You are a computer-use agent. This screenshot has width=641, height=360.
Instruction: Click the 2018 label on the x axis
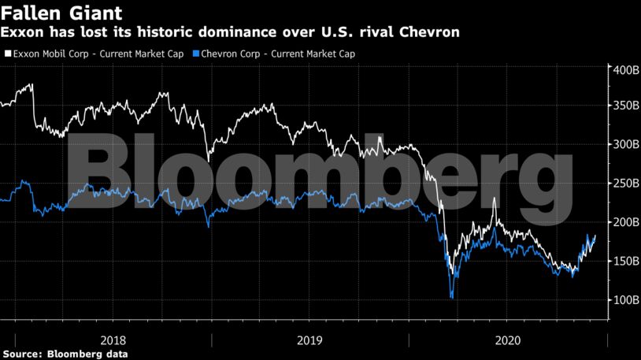[113, 340]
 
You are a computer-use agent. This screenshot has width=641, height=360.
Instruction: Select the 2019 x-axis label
[310, 340]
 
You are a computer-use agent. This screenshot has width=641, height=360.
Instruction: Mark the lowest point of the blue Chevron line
[451, 298]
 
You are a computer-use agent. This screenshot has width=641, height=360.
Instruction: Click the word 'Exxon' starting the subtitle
[21, 32]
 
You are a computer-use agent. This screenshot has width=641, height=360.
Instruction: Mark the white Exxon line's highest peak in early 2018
[31, 84]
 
